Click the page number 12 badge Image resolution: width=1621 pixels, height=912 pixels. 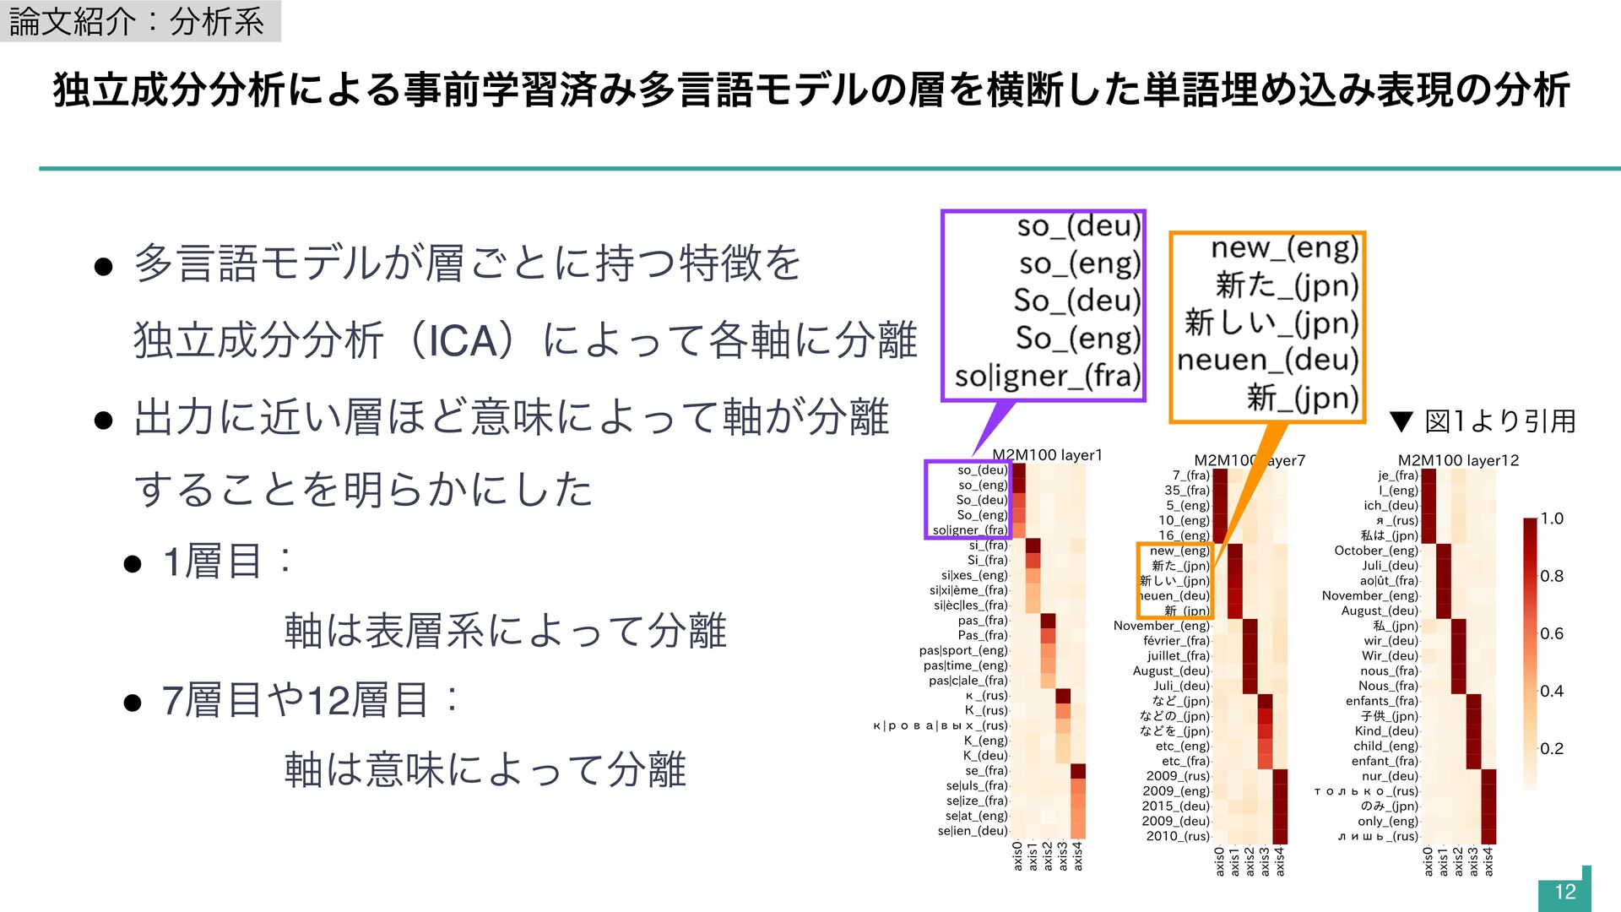(x=1564, y=892)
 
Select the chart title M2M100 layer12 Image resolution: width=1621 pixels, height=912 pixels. (x=1458, y=460)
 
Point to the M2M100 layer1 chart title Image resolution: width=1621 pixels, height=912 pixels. (x=1047, y=455)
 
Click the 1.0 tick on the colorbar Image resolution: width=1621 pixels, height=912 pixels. (x=1552, y=518)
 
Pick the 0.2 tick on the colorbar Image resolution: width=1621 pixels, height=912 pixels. (x=1552, y=748)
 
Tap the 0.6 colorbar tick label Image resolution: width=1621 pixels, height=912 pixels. (x=1552, y=633)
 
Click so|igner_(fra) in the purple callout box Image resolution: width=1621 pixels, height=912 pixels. (x=1048, y=376)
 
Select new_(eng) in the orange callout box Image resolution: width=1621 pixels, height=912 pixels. (x=1284, y=247)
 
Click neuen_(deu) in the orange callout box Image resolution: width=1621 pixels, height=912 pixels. (x=1267, y=360)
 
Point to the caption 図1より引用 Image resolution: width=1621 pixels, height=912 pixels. (x=1499, y=421)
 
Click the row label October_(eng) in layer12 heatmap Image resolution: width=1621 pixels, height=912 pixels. (x=1376, y=551)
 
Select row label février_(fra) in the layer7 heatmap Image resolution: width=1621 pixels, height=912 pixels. (x=1176, y=641)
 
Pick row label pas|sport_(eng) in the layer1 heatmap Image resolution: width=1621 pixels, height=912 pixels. (x=963, y=650)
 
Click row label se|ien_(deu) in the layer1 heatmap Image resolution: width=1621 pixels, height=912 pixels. (x=973, y=831)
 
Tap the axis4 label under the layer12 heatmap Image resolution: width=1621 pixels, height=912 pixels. (x=1488, y=861)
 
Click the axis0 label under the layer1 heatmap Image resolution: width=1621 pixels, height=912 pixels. (x=1017, y=855)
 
